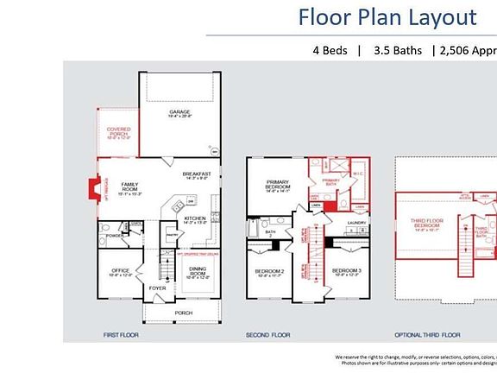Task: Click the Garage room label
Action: (x=179, y=113)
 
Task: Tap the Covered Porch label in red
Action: (x=119, y=132)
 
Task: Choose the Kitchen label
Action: (x=195, y=220)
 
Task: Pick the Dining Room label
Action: (x=198, y=272)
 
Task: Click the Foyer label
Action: (x=157, y=288)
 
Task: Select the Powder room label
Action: (x=112, y=236)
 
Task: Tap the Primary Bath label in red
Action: (x=331, y=181)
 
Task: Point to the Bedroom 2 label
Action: (x=269, y=273)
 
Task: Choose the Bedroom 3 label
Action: (x=346, y=273)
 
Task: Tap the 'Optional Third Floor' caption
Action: (x=427, y=334)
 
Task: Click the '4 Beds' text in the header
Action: (x=330, y=50)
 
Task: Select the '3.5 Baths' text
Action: (x=398, y=50)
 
